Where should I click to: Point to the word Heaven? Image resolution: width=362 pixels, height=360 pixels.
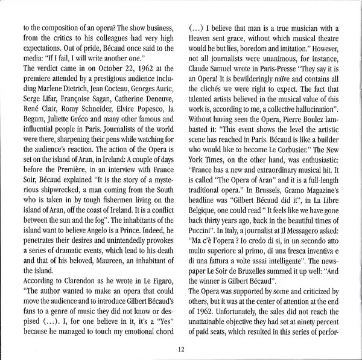tap(203, 40)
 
